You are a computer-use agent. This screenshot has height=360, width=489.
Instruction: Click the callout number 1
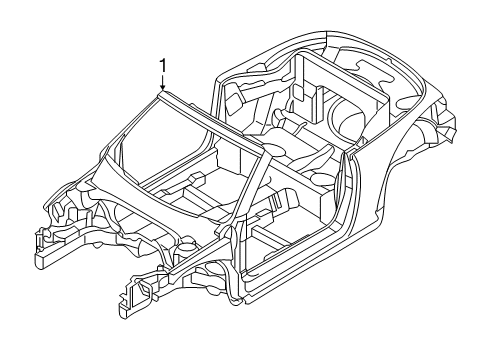(x=163, y=66)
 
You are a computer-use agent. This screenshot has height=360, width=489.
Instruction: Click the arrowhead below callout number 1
(x=163, y=87)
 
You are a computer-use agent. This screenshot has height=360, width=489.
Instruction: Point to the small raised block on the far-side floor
(x=197, y=178)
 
